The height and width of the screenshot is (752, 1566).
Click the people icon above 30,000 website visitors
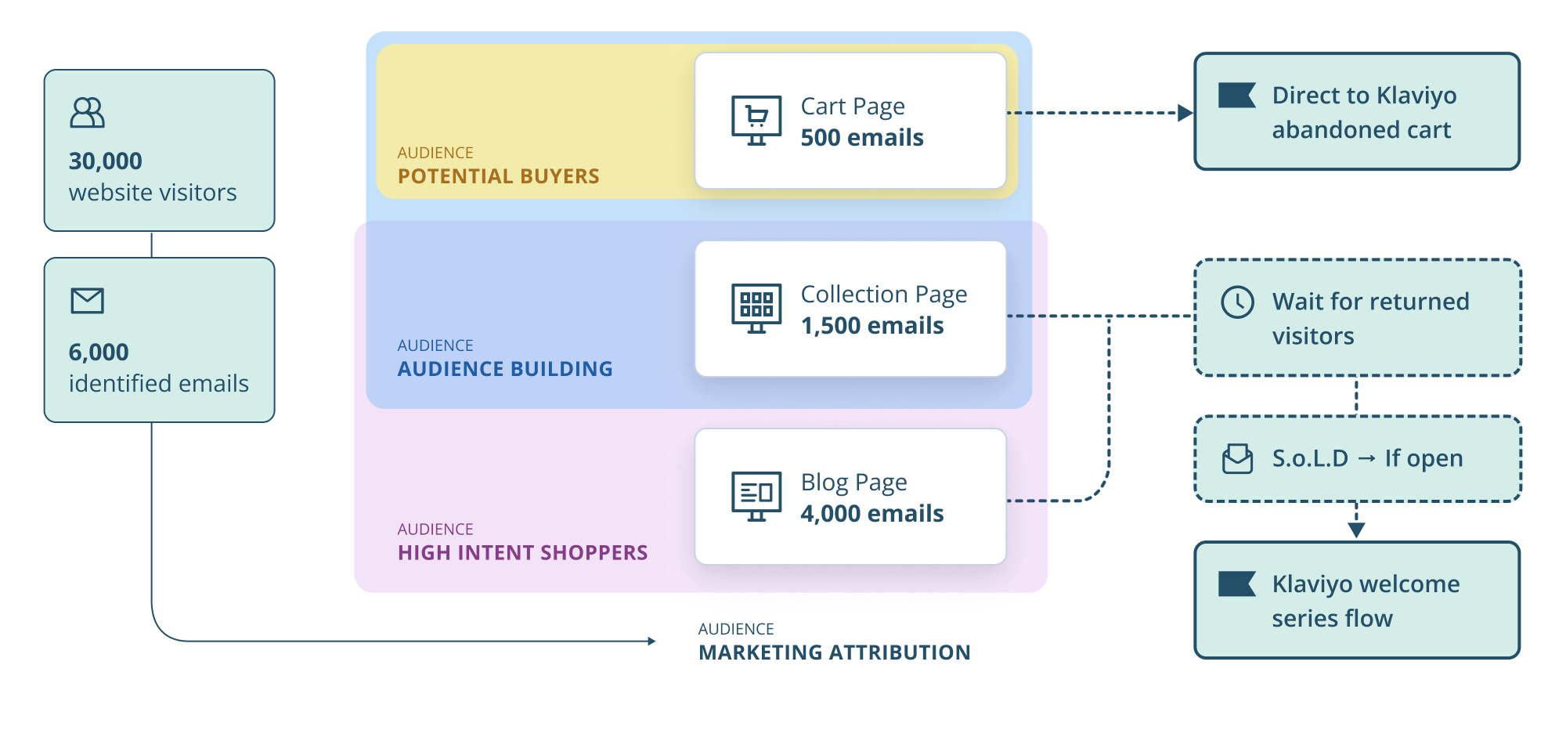pyautogui.click(x=87, y=113)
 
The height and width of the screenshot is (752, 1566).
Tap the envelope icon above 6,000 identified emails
pyautogui.click(x=87, y=301)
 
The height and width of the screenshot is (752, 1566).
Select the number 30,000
pyautogui.click(x=106, y=161)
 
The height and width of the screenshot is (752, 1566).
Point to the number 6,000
pyautogui.click(x=99, y=352)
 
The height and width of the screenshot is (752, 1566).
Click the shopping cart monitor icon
pyautogui.click(x=756, y=120)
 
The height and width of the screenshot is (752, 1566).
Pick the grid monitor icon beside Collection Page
pyautogui.click(x=756, y=308)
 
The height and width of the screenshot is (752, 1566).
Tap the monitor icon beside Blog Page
pyautogui.click(x=756, y=496)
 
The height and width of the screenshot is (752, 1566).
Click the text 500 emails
pyautogui.click(x=862, y=138)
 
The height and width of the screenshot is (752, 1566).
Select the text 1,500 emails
pyautogui.click(x=872, y=326)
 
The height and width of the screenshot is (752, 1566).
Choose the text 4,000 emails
pyautogui.click(x=872, y=514)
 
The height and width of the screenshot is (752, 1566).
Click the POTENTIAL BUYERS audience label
pyautogui.click(x=498, y=176)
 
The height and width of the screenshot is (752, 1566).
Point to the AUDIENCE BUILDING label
pyautogui.click(x=505, y=369)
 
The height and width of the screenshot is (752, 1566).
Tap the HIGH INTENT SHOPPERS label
pyautogui.click(x=522, y=553)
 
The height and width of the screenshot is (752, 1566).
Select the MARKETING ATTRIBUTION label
pyautogui.click(x=834, y=653)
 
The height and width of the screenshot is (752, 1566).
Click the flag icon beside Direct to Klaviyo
pyautogui.click(x=1237, y=96)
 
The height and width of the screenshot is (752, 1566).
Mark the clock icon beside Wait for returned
pyautogui.click(x=1237, y=302)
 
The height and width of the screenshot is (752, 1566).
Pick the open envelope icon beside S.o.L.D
pyautogui.click(x=1237, y=459)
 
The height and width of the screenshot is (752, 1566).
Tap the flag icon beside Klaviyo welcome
pyautogui.click(x=1237, y=584)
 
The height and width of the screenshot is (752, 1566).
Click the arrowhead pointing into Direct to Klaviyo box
pyautogui.click(x=1185, y=113)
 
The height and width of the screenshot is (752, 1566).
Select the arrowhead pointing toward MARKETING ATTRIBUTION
pyautogui.click(x=651, y=641)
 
